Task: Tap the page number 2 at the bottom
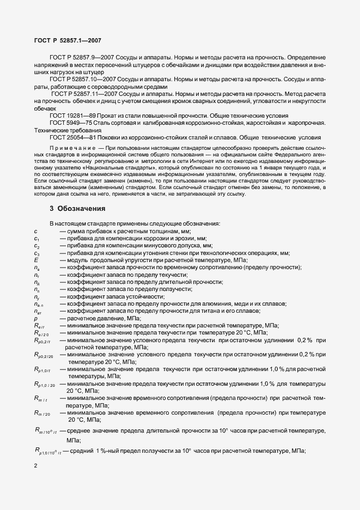coord(35,466)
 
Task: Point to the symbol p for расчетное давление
coord(35,318)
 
